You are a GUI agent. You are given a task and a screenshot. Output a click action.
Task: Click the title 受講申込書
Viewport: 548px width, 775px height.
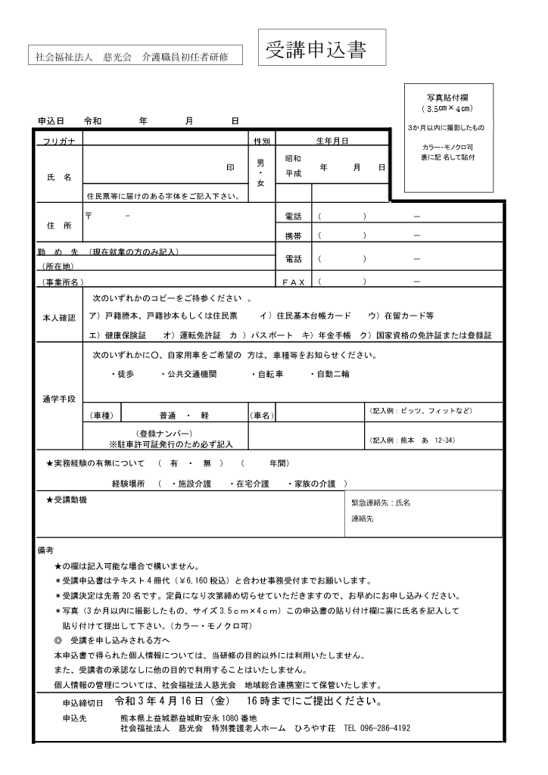coord(316,50)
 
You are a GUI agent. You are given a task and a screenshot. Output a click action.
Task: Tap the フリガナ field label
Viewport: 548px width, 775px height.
coord(58,141)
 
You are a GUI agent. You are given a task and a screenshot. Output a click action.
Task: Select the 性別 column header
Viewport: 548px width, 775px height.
coord(261,141)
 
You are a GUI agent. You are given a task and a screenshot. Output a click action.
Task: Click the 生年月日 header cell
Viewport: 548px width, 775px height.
coord(332,141)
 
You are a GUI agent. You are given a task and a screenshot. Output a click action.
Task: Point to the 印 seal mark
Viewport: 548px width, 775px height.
coord(231,167)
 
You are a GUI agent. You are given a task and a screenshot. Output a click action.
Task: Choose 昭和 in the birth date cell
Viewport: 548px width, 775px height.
coord(293,159)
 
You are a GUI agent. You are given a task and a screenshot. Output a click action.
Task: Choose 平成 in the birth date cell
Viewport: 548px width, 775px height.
coord(293,173)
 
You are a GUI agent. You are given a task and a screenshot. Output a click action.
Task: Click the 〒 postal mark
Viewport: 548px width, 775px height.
coord(89,216)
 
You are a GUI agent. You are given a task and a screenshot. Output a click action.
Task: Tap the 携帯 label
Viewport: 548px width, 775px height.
coord(293,236)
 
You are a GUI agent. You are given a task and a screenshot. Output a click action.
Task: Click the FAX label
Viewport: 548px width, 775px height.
coord(293,282)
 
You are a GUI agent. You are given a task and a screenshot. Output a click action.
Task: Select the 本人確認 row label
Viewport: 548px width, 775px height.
coord(58,318)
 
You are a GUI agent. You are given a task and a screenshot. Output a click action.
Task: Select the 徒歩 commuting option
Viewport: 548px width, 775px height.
coord(123,375)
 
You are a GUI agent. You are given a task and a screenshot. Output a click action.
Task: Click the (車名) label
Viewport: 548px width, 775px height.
coord(261,416)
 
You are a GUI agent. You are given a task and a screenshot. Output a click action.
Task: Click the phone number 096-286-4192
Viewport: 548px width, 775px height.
coord(385,728)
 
